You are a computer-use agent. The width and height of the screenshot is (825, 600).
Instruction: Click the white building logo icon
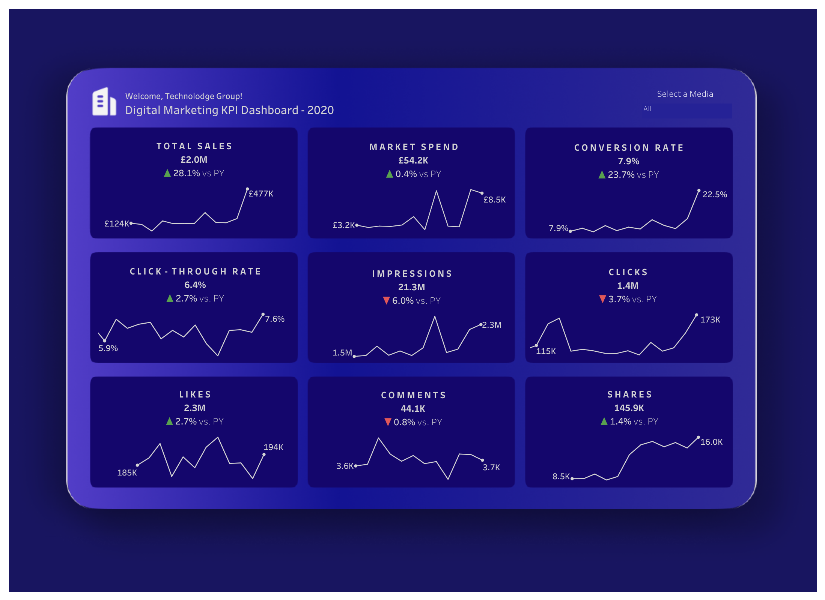click(x=104, y=102)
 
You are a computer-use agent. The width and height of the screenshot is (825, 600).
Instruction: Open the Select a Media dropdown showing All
click(x=686, y=109)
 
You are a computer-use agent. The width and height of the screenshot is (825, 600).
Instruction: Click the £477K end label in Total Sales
click(x=261, y=194)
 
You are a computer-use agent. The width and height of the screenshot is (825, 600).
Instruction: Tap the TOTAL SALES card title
click(x=194, y=146)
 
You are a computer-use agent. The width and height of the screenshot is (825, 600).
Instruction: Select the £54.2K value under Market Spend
click(x=413, y=160)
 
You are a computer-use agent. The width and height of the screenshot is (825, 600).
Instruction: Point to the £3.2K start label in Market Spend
click(x=343, y=225)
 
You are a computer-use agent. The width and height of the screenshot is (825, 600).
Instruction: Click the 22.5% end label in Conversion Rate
click(x=714, y=195)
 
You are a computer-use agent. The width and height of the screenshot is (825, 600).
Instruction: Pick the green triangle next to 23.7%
click(x=602, y=175)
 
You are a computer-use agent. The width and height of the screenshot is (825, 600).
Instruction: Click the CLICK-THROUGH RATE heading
click(x=195, y=271)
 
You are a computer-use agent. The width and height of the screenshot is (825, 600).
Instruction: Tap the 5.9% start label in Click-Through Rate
click(x=108, y=348)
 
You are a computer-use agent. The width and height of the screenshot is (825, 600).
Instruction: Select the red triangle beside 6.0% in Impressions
click(x=386, y=301)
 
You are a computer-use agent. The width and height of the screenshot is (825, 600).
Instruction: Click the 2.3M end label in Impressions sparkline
click(x=492, y=325)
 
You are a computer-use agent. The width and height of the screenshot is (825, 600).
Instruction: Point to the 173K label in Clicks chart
click(x=710, y=320)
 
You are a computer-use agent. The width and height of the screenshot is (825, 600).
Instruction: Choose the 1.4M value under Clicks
click(x=628, y=286)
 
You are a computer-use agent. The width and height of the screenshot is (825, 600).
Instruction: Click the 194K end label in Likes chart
click(x=273, y=447)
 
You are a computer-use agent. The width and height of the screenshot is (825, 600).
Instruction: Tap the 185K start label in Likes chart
click(x=127, y=473)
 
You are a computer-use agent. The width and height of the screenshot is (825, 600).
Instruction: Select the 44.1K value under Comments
click(x=413, y=409)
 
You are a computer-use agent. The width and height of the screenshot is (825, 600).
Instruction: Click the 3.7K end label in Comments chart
click(x=491, y=468)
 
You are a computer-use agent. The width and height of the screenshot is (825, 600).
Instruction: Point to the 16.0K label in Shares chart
click(x=711, y=442)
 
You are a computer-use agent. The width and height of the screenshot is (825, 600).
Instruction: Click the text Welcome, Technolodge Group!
click(x=184, y=96)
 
